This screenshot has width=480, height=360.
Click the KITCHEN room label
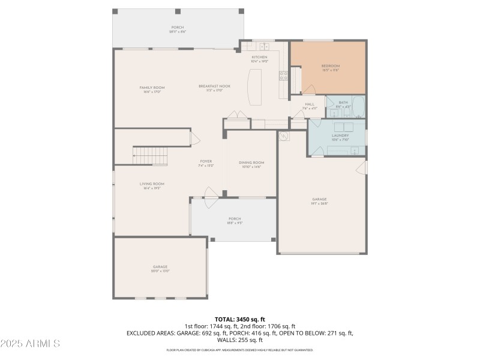point(259,57)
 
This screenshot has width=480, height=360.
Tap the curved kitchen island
point(255,87)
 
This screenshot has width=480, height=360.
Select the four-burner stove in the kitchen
point(283,75)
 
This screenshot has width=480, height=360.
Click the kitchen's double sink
point(264,46)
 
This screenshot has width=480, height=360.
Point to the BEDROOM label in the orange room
point(331,66)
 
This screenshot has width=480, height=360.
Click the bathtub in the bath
point(358,107)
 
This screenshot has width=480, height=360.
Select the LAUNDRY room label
point(340,136)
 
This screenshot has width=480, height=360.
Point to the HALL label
point(310,104)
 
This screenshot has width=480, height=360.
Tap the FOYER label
point(206,161)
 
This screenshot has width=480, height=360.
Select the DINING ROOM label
point(251,163)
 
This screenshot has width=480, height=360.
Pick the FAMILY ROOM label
point(152,88)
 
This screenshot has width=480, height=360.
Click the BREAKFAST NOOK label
point(214,86)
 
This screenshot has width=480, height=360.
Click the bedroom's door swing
point(308,90)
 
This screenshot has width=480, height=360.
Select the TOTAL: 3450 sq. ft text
point(240,319)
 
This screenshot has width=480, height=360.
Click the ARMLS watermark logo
point(30,344)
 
